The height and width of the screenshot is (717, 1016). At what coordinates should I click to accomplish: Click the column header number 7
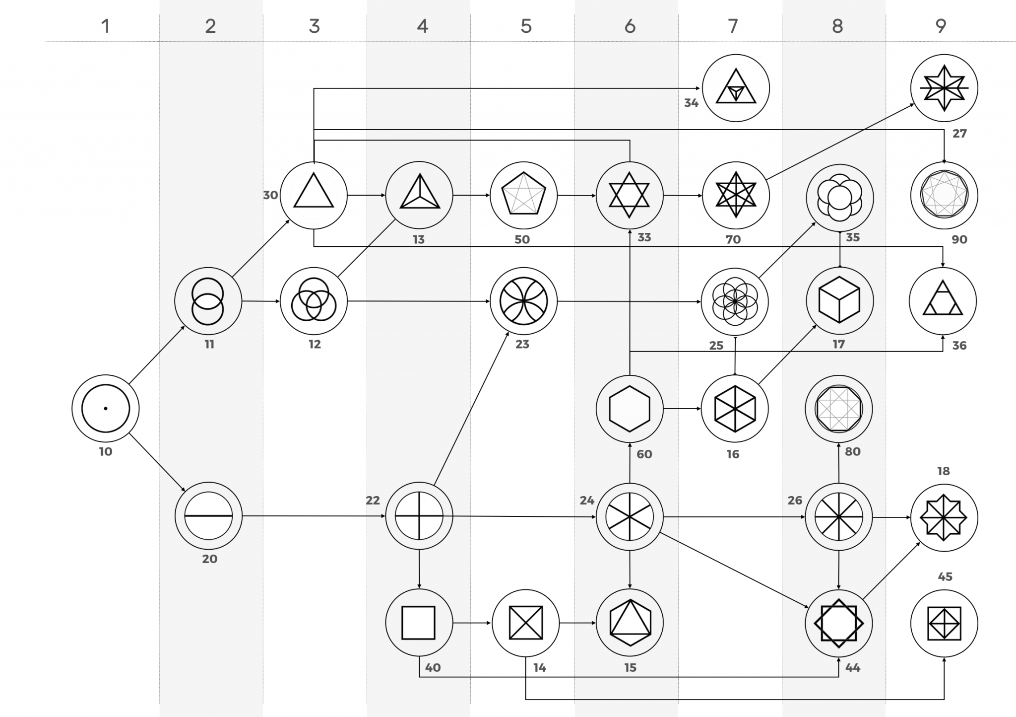pos(733,26)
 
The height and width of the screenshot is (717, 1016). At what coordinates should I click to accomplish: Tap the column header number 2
pos(210,26)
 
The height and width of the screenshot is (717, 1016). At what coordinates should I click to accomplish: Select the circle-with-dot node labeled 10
pos(105,409)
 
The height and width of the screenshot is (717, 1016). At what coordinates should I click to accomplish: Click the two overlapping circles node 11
pos(208,301)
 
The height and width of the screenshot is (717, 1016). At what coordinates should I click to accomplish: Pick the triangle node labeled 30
pos(314,195)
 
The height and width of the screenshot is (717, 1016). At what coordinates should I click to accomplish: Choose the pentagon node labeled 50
pos(523,195)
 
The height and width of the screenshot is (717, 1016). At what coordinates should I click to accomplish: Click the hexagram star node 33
pos(629,195)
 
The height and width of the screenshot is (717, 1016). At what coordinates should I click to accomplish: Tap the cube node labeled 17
pos(839,301)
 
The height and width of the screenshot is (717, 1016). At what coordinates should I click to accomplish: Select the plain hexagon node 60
pos(629,409)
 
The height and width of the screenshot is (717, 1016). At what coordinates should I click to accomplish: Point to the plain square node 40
pos(419,623)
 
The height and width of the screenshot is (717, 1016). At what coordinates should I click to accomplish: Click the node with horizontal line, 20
pos(208,516)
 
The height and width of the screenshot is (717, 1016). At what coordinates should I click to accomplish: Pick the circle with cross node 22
pos(419,516)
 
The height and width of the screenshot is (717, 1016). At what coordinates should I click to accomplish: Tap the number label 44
pos(852,668)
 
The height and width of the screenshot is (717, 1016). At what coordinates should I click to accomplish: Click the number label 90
pos(959,239)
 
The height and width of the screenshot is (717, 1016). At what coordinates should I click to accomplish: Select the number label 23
pos(522,344)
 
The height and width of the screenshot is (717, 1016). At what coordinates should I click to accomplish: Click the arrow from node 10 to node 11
pos(157,355)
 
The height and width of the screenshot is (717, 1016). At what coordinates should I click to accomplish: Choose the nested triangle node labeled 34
pos(736,88)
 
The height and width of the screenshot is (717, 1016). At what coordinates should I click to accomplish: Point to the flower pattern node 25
pos(734,301)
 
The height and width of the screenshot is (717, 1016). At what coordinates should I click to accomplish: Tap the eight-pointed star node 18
pos(944,517)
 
